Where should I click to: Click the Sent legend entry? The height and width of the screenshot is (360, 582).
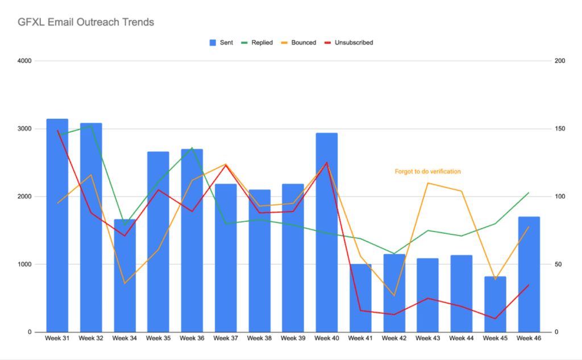pyautogui.click(x=221, y=43)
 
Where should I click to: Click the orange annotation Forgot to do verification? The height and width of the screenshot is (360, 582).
pyautogui.click(x=427, y=171)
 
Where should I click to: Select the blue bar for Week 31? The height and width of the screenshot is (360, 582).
pyautogui.click(x=57, y=227)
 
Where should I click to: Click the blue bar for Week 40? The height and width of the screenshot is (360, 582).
pyautogui.click(x=327, y=233)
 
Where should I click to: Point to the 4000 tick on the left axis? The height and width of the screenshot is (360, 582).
pyautogui.click(x=24, y=61)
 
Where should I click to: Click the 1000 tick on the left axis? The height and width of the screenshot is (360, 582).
pyautogui.click(x=24, y=264)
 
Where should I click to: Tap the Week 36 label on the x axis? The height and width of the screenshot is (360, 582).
pyautogui.click(x=192, y=339)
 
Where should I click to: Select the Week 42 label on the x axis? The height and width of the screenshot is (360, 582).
pyautogui.click(x=394, y=339)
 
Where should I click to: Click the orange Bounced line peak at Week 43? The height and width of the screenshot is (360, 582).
pyautogui.click(x=428, y=183)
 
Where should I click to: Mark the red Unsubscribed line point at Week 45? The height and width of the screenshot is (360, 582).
pyautogui.click(x=495, y=318)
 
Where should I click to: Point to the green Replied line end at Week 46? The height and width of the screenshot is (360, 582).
pyautogui.click(x=529, y=193)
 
